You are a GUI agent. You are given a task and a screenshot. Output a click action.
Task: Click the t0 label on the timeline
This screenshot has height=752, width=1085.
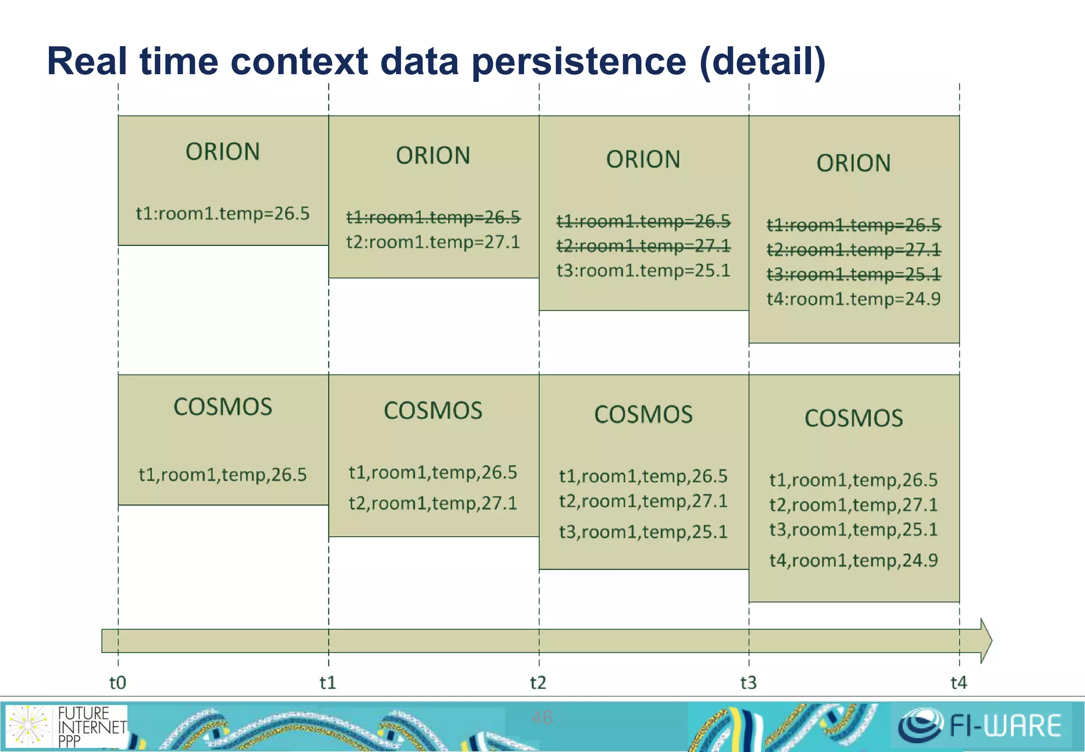click(117, 683)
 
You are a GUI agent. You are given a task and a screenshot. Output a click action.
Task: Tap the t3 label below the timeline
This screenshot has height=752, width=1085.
click(748, 683)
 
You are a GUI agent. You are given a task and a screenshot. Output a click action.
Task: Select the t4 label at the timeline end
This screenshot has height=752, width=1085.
click(958, 683)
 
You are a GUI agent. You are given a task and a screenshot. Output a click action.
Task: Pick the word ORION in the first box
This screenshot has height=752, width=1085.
click(223, 152)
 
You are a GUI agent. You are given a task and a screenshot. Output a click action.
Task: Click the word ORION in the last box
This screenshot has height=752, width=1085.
click(853, 163)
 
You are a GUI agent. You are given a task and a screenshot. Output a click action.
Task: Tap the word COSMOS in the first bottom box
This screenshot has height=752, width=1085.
click(223, 407)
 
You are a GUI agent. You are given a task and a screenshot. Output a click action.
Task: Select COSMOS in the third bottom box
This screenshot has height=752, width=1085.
click(643, 415)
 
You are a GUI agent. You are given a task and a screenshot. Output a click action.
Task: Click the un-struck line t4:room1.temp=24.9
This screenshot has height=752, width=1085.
click(853, 299)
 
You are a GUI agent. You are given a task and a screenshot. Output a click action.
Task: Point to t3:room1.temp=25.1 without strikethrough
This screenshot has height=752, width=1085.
click(643, 271)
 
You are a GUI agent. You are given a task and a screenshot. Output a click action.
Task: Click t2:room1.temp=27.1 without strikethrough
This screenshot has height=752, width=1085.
click(433, 242)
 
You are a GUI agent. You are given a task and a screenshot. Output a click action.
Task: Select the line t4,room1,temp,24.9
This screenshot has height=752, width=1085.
click(853, 561)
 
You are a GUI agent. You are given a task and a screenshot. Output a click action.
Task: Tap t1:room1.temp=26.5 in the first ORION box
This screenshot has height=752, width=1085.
click(223, 214)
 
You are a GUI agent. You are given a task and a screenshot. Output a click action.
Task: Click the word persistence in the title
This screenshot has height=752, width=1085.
click(579, 62)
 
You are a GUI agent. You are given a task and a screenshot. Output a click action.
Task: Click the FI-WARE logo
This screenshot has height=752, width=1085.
click(980, 725)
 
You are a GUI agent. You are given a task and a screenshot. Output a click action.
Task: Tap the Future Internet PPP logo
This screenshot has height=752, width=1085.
click(66, 726)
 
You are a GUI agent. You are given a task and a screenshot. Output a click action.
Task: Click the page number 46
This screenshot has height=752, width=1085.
click(542, 718)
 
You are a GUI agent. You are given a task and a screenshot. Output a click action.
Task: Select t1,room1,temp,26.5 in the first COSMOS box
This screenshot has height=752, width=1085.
click(223, 475)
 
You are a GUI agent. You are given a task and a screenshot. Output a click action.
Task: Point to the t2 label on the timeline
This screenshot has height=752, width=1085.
click(538, 683)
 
